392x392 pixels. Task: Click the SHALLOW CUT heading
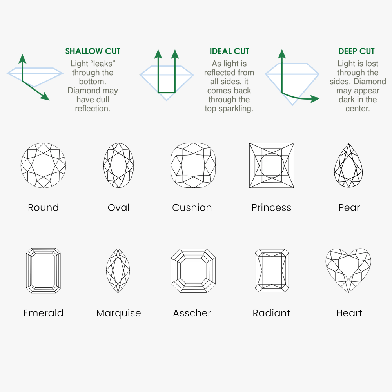(93, 51)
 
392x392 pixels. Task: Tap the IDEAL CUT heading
(229, 51)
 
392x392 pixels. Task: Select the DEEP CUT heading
(356, 51)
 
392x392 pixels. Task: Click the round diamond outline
(43, 165)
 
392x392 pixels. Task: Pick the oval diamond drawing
(118, 165)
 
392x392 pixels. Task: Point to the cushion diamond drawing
(193, 165)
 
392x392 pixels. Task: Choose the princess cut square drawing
(272, 165)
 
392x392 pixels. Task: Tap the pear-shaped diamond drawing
(348, 165)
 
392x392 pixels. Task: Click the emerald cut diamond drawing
(43, 270)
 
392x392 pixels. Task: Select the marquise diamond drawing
(118, 270)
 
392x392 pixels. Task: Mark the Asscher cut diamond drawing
(193, 270)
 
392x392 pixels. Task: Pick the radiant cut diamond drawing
(272, 270)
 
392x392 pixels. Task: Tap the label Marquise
(118, 313)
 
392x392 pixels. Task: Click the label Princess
(272, 207)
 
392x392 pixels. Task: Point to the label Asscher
(192, 313)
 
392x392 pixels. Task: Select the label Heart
(349, 313)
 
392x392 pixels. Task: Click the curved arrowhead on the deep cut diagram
(315, 98)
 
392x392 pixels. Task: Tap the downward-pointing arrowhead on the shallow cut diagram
(45, 96)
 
